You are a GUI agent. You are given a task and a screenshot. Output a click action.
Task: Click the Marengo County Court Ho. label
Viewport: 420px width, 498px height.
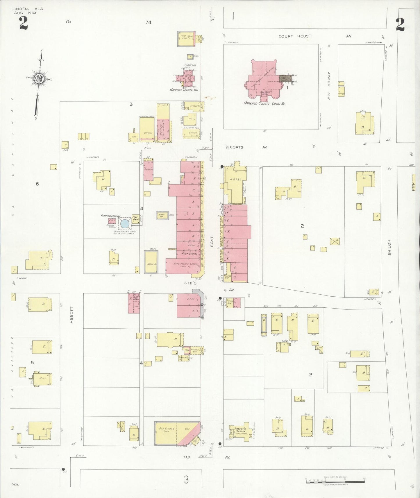(264, 103)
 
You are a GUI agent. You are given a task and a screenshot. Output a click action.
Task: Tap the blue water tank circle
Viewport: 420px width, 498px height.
(125, 223)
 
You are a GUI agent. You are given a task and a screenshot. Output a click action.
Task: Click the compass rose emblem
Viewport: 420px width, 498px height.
(39, 78)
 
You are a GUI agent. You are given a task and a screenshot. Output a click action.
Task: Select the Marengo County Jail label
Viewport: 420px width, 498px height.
(184, 90)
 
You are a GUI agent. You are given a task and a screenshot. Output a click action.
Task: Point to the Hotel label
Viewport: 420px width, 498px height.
(235, 179)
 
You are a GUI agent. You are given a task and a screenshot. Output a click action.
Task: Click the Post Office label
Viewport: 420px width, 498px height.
(190, 254)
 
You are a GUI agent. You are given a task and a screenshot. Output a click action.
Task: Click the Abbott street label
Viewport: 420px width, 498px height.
(72, 315)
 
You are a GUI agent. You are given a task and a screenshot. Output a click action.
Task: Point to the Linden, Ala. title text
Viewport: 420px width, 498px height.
(28, 9)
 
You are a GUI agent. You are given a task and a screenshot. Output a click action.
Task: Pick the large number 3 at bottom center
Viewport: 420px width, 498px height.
(186, 479)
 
